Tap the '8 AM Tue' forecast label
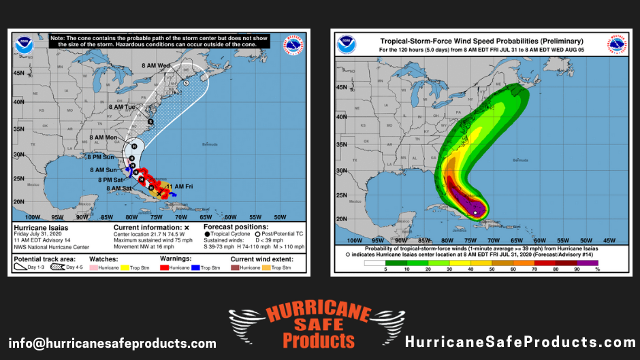[x=123, y=108]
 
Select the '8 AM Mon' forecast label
[x=104, y=137]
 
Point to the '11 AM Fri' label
[x=180, y=186]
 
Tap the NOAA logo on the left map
[x=24, y=45]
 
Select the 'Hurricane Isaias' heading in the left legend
[x=42, y=228]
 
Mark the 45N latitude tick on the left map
[x=20, y=73]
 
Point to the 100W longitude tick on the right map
[x=355, y=240]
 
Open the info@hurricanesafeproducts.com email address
[x=112, y=343]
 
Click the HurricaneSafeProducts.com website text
[x=520, y=342]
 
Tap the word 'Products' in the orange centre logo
[x=318, y=340]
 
